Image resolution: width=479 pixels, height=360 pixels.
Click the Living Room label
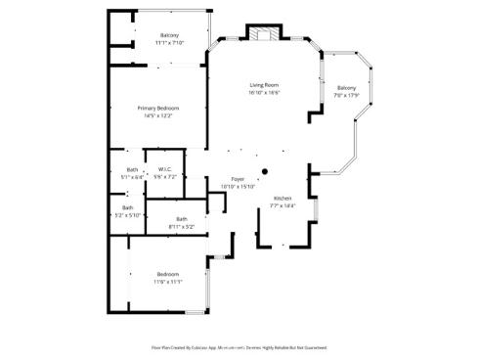tap(264, 86)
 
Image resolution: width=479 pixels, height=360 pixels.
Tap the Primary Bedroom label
tap(157, 109)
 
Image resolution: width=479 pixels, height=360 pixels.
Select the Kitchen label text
tap(282, 199)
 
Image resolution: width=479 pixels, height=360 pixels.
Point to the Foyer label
tap(237, 180)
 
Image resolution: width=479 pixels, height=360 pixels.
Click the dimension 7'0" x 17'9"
tap(347, 95)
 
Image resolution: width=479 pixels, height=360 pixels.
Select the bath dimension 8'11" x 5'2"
tap(181, 226)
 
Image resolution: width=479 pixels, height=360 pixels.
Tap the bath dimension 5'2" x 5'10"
tap(128, 214)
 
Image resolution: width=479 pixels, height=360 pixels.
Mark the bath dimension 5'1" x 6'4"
tap(132, 177)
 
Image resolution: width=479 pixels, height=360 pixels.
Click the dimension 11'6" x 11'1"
tap(168, 282)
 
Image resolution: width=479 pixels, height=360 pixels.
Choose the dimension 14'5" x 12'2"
tap(157, 116)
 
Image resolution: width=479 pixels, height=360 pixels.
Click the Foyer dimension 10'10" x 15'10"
tap(237, 187)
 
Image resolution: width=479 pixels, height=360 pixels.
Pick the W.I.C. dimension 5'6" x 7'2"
tap(165, 177)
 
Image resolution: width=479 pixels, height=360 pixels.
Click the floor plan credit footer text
tap(239, 347)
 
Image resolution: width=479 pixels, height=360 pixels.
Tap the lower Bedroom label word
tap(168, 274)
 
